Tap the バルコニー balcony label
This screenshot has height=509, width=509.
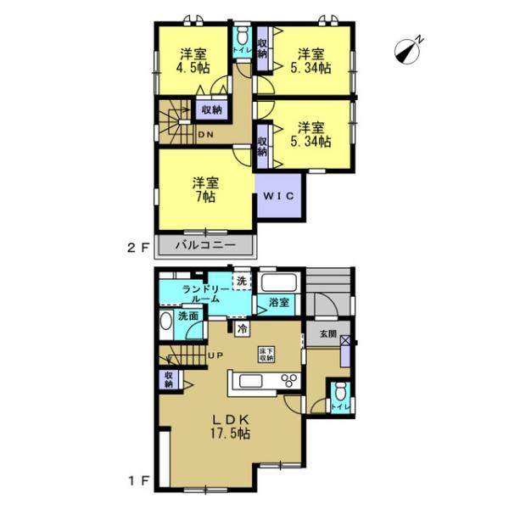tap(204, 246)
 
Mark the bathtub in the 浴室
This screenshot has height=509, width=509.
tap(279, 282)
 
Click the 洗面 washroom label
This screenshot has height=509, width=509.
tap(188, 316)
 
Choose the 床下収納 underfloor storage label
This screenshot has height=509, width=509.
tap(266, 354)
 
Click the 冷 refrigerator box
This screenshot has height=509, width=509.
tap(243, 329)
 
